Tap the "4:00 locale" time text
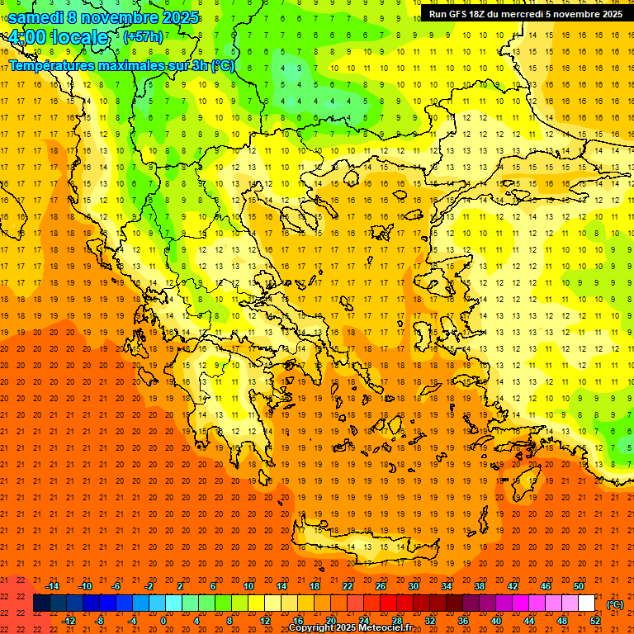(x=58, y=37)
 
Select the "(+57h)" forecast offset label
(x=143, y=37)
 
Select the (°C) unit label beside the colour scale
(x=614, y=604)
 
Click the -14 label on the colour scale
(x=52, y=586)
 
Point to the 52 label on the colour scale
(x=595, y=621)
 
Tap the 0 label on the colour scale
(x=163, y=621)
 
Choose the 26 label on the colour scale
(x=381, y=586)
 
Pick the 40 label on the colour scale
(x=495, y=621)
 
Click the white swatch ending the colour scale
(x=586, y=603)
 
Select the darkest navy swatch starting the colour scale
(x=41, y=603)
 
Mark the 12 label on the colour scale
(x=265, y=621)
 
